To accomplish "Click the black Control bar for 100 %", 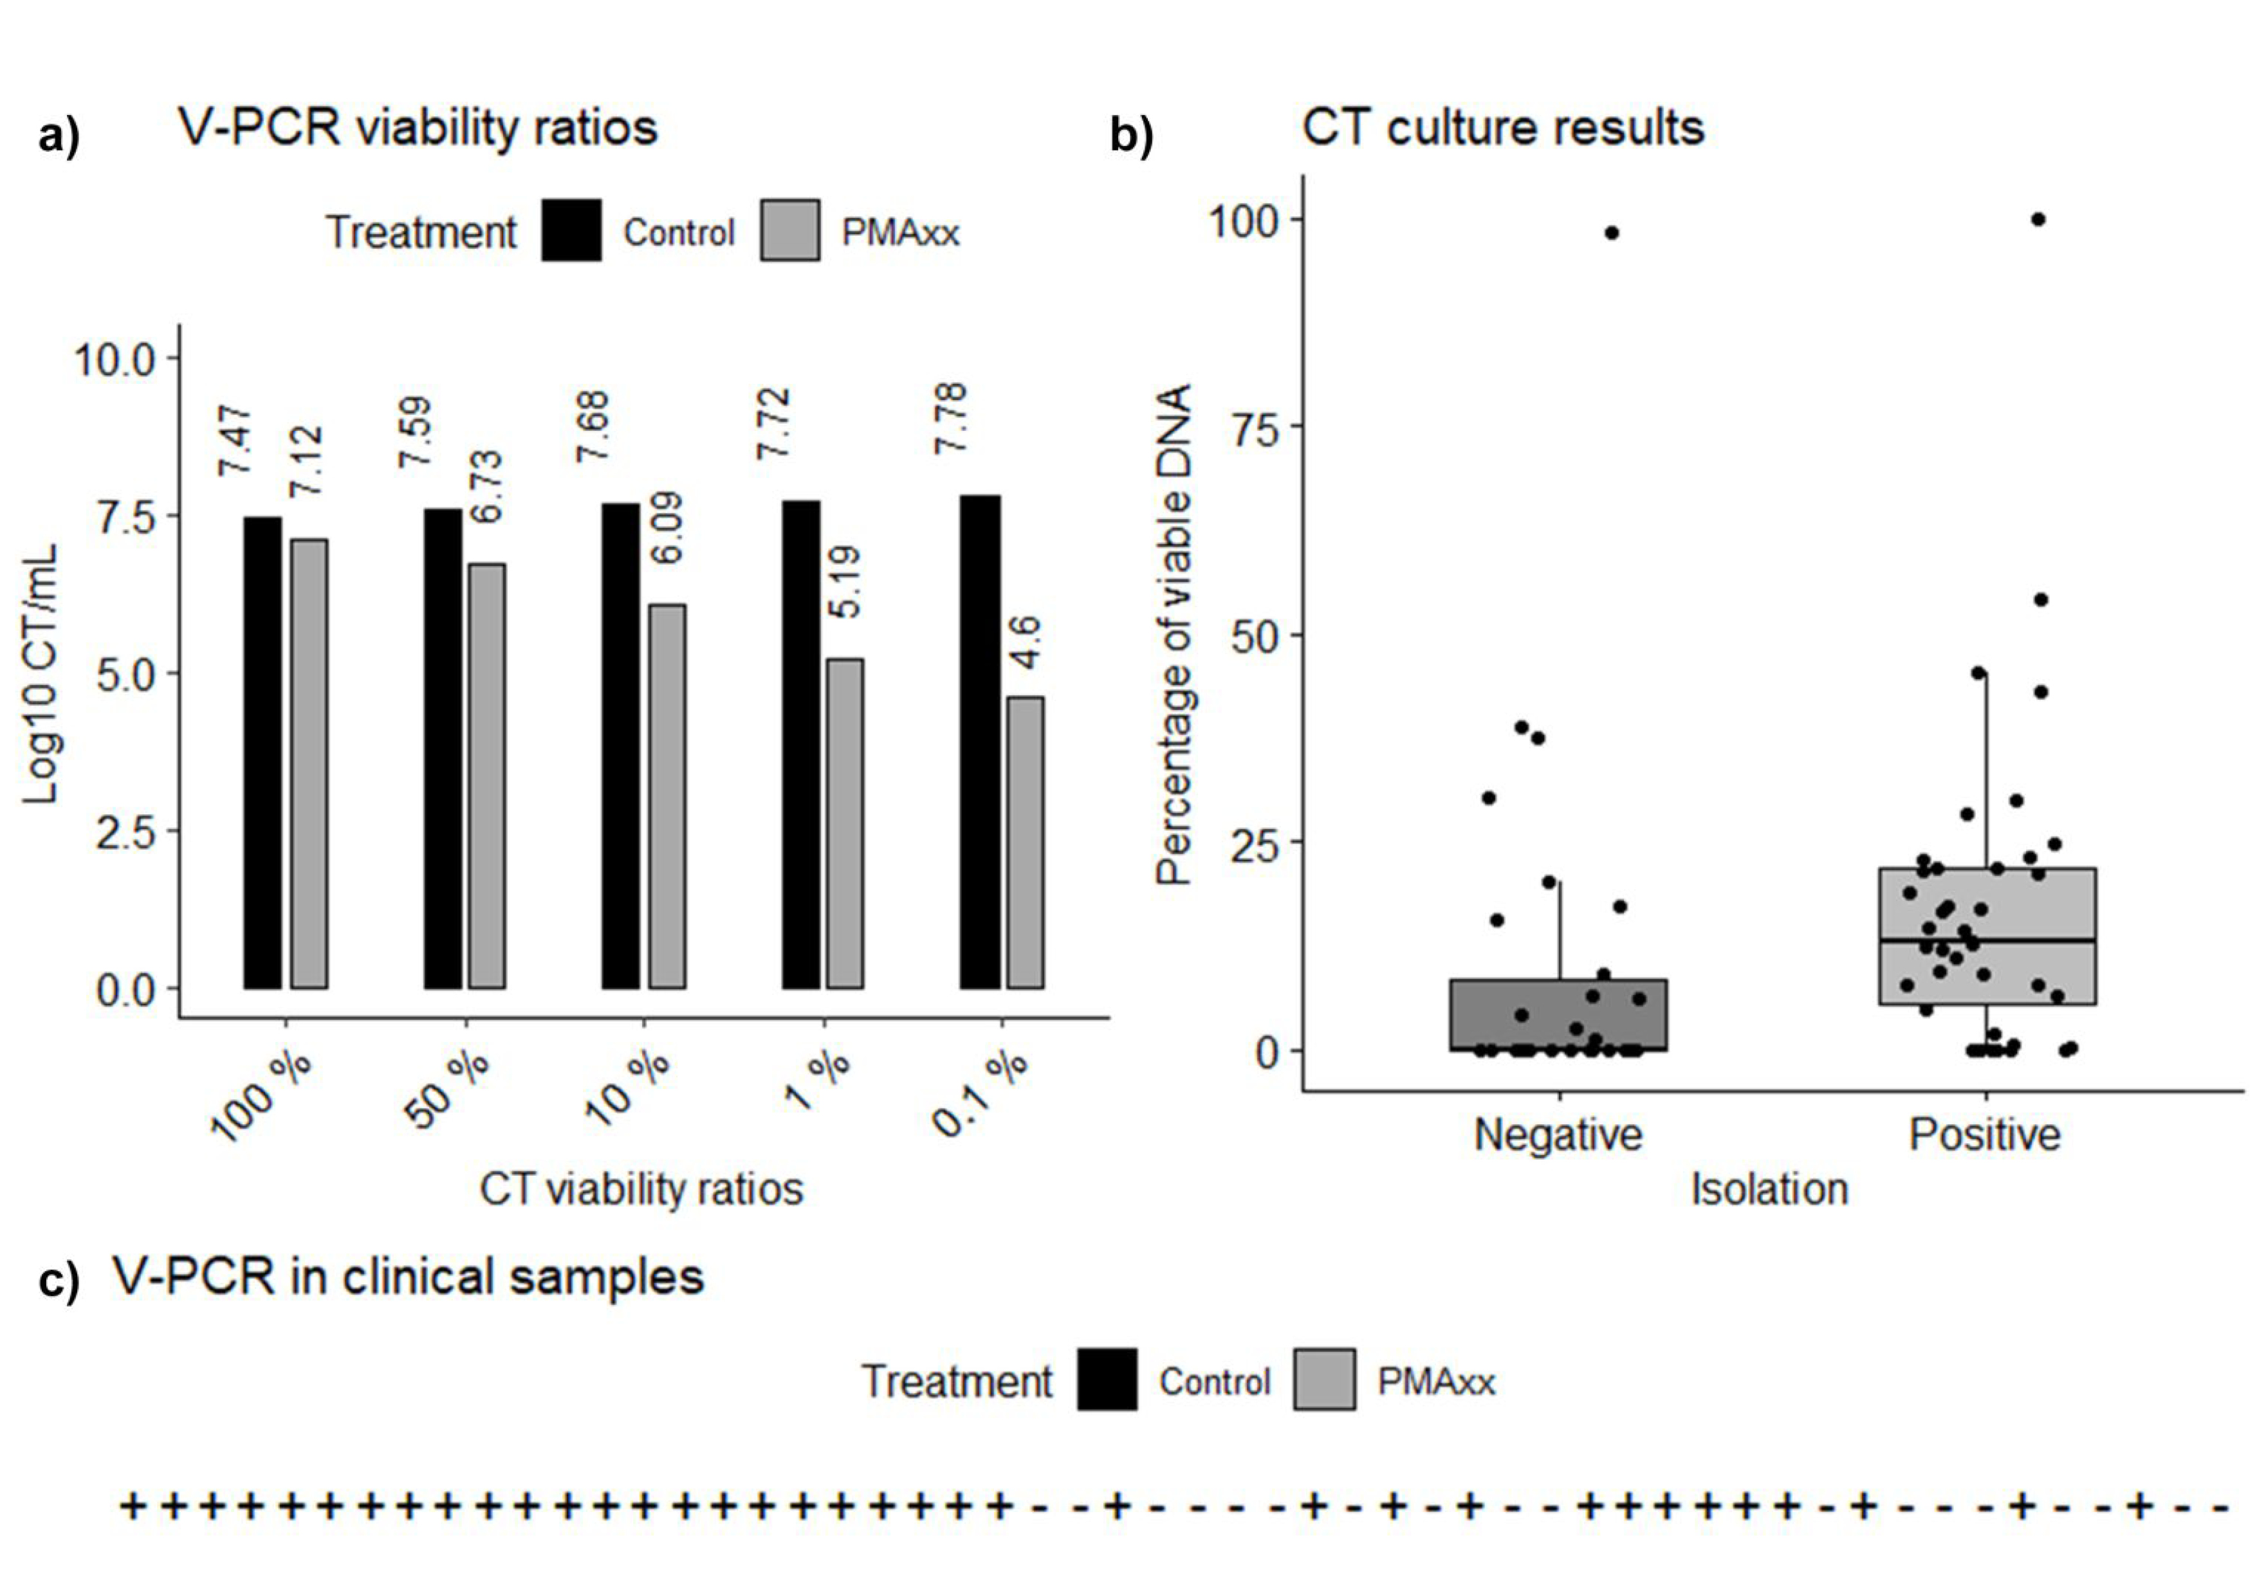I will coord(263,752).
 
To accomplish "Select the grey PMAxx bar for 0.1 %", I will coord(1026,843).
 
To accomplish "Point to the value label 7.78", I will coord(950,417).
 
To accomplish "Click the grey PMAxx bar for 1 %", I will coord(844,823).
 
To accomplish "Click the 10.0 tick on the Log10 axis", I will coord(116,360).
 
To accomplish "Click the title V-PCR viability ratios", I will coord(418,128).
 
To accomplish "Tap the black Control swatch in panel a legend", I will coord(571,231).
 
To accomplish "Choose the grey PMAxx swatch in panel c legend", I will coord(1324,1380).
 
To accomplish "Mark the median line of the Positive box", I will coord(1987,940).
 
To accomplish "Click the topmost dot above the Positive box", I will coord(2039,219).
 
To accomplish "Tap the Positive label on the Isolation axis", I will coord(1985,1134).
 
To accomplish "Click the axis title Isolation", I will coord(1769,1189).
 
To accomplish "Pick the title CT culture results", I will coord(1503,128).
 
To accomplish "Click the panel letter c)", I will coord(59,1281).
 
